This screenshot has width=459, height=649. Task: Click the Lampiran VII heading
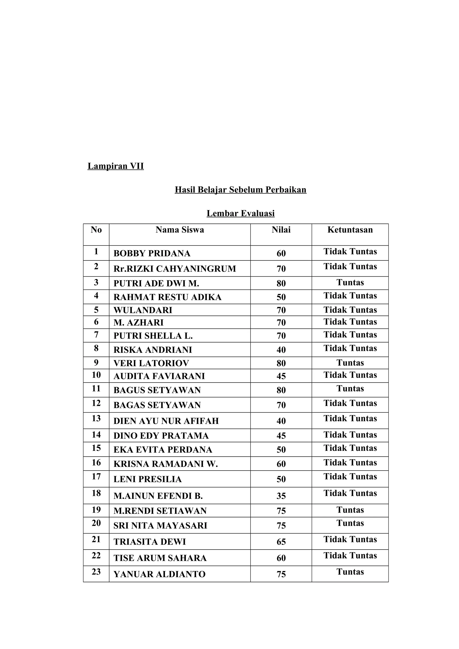pyautogui.click(x=115, y=166)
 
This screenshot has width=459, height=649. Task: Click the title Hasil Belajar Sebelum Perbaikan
pyautogui.click(x=240, y=189)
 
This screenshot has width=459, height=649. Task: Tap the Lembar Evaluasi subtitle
pyautogui.click(x=240, y=213)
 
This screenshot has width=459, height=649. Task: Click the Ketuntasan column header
pyautogui.click(x=350, y=230)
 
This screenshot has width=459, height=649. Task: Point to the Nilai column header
pyautogui.click(x=281, y=230)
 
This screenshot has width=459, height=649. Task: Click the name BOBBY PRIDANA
pyautogui.click(x=152, y=253)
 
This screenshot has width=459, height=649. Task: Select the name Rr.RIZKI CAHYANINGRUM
pyautogui.click(x=175, y=269)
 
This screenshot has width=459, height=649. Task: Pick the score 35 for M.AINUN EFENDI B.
pyautogui.click(x=281, y=496)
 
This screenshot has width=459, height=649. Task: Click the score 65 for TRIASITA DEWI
pyautogui.click(x=281, y=542)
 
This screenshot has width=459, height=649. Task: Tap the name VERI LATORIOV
pyautogui.click(x=151, y=363)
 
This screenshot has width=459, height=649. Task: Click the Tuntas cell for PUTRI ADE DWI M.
pyautogui.click(x=350, y=282)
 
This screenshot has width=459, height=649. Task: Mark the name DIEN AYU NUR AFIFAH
pyautogui.click(x=166, y=421)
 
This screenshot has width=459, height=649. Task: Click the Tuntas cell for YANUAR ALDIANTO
pyautogui.click(x=350, y=572)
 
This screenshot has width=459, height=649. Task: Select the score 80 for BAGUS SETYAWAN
pyautogui.click(x=281, y=390)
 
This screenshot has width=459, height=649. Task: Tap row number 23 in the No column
pyautogui.click(x=96, y=572)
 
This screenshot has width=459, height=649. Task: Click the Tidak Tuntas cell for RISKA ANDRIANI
pyautogui.click(x=350, y=348)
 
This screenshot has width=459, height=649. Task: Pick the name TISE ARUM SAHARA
pyautogui.click(x=160, y=558)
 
